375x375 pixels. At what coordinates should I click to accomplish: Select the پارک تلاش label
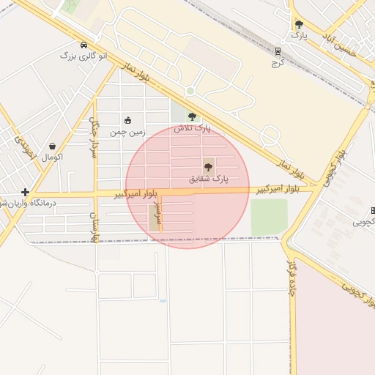[192, 128]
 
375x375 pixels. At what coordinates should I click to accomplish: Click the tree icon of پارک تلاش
[192, 116]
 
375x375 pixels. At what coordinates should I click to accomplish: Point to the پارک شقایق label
[209, 179]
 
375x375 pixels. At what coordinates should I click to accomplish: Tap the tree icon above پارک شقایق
[209, 167]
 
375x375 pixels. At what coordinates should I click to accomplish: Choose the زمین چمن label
[128, 133]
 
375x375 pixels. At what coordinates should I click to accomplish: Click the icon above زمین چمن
[128, 121]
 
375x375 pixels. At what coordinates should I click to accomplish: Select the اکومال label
[52, 157]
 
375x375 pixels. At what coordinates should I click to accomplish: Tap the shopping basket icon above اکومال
[52, 146]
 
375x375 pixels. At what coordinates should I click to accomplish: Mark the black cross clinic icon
[25, 192]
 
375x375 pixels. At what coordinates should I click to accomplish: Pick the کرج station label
[278, 63]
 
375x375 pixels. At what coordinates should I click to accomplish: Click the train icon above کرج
[278, 51]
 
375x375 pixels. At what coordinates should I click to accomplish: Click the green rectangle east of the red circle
[269, 217]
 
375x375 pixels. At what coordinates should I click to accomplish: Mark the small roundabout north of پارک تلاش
[190, 92]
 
